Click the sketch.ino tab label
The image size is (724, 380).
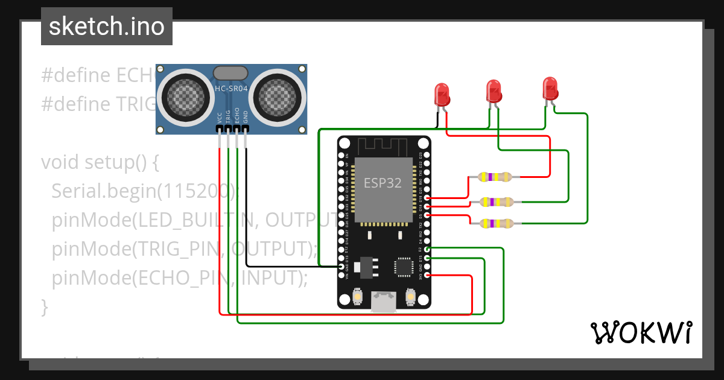(106, 27)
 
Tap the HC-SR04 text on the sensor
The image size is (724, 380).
(231, 89)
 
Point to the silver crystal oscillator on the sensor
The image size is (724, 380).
(230, 73)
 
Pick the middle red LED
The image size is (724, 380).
(494, 90)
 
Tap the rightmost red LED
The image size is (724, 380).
(550, 88)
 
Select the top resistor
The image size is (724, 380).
(494, 177)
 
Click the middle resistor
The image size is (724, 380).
(494, 201)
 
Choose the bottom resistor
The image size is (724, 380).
(494, 224)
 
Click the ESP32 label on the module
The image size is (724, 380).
(383, 182)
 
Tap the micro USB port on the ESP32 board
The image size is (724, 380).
(384, 301)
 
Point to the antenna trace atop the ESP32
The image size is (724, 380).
(384, 146)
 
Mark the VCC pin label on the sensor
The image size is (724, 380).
(219, 116)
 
